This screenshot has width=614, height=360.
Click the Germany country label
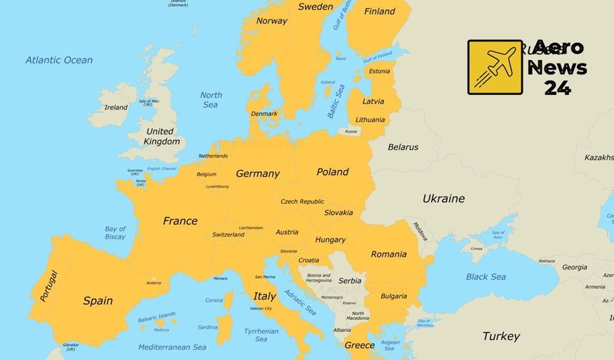tap(258, 174)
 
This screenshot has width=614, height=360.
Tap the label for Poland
tap(333, 171)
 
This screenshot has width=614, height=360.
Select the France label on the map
tap(180, 221)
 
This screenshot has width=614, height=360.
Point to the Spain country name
tap(98, 301)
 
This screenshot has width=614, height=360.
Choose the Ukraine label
tap(443, 199)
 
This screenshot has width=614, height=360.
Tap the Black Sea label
tap(485, 276)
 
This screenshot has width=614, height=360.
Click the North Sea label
tap(211, 100)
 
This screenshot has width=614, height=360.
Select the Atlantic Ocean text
tap(59, 60)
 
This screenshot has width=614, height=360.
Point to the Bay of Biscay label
tap(115, 233)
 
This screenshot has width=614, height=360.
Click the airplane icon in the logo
tap(495, 67)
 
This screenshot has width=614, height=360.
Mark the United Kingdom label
tap(161, 136)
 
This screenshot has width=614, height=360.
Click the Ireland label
tap(116, 108)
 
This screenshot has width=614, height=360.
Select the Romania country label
tap(388, 254)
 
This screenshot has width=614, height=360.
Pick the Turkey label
tap(500, 336)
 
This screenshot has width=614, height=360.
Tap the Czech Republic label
tap(302, 201)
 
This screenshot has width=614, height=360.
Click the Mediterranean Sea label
tap(172, 347)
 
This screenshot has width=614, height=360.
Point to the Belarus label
tap(403, 147)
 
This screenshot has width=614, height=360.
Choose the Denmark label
tap(264, 114)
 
